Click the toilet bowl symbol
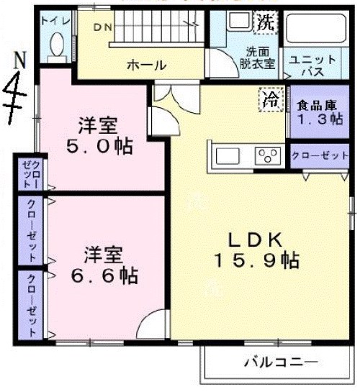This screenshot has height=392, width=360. coord(55,47)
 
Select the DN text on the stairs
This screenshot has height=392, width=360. coord(102,27)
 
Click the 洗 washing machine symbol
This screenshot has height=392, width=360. coord(266,22)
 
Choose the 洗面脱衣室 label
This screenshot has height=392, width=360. coord(256,58)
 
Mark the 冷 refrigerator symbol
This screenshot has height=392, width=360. coord(271,98)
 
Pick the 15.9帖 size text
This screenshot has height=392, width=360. coord(255,260)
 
